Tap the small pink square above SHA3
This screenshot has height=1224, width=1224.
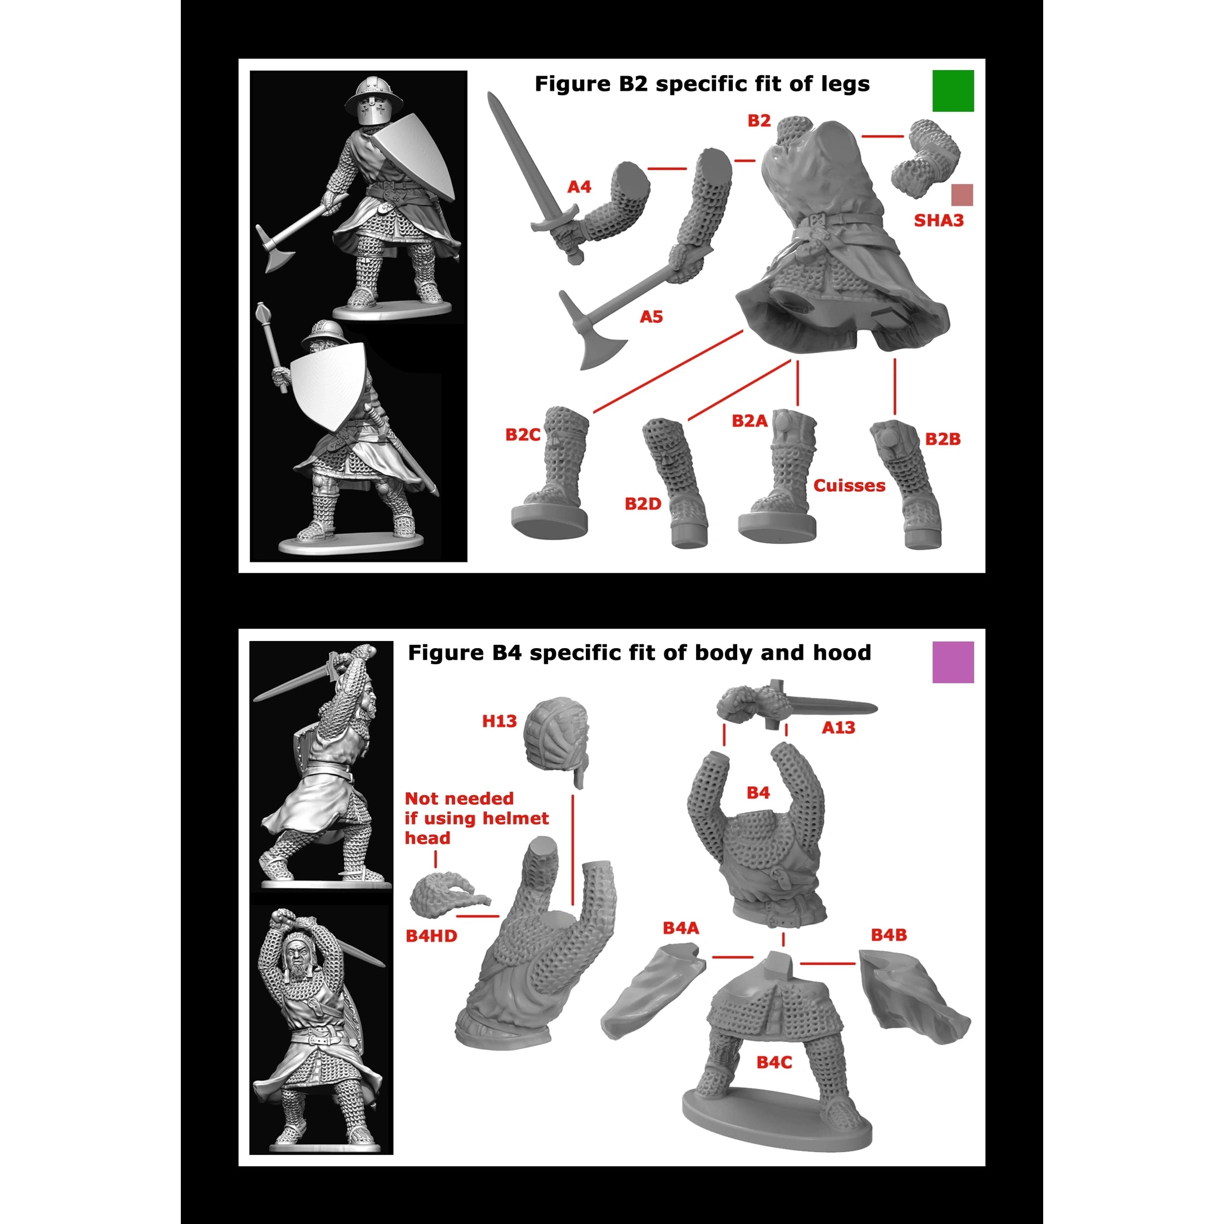click(x=962, y=195)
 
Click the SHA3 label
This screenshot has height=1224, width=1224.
click(x=938, y=220)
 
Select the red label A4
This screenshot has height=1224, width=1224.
click(x=579, y=187)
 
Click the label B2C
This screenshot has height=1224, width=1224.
click(x=522, y=435)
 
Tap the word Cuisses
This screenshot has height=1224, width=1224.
click(x=849, y=486)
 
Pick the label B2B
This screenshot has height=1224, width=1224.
click(x=942, y=439)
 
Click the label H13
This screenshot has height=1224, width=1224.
click(x=499, y=721)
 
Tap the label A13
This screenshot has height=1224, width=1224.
click(x=838, y=728)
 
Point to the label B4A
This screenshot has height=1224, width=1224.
click(x=680, y=928)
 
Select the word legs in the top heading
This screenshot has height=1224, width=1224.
click(x=846, y=84)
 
